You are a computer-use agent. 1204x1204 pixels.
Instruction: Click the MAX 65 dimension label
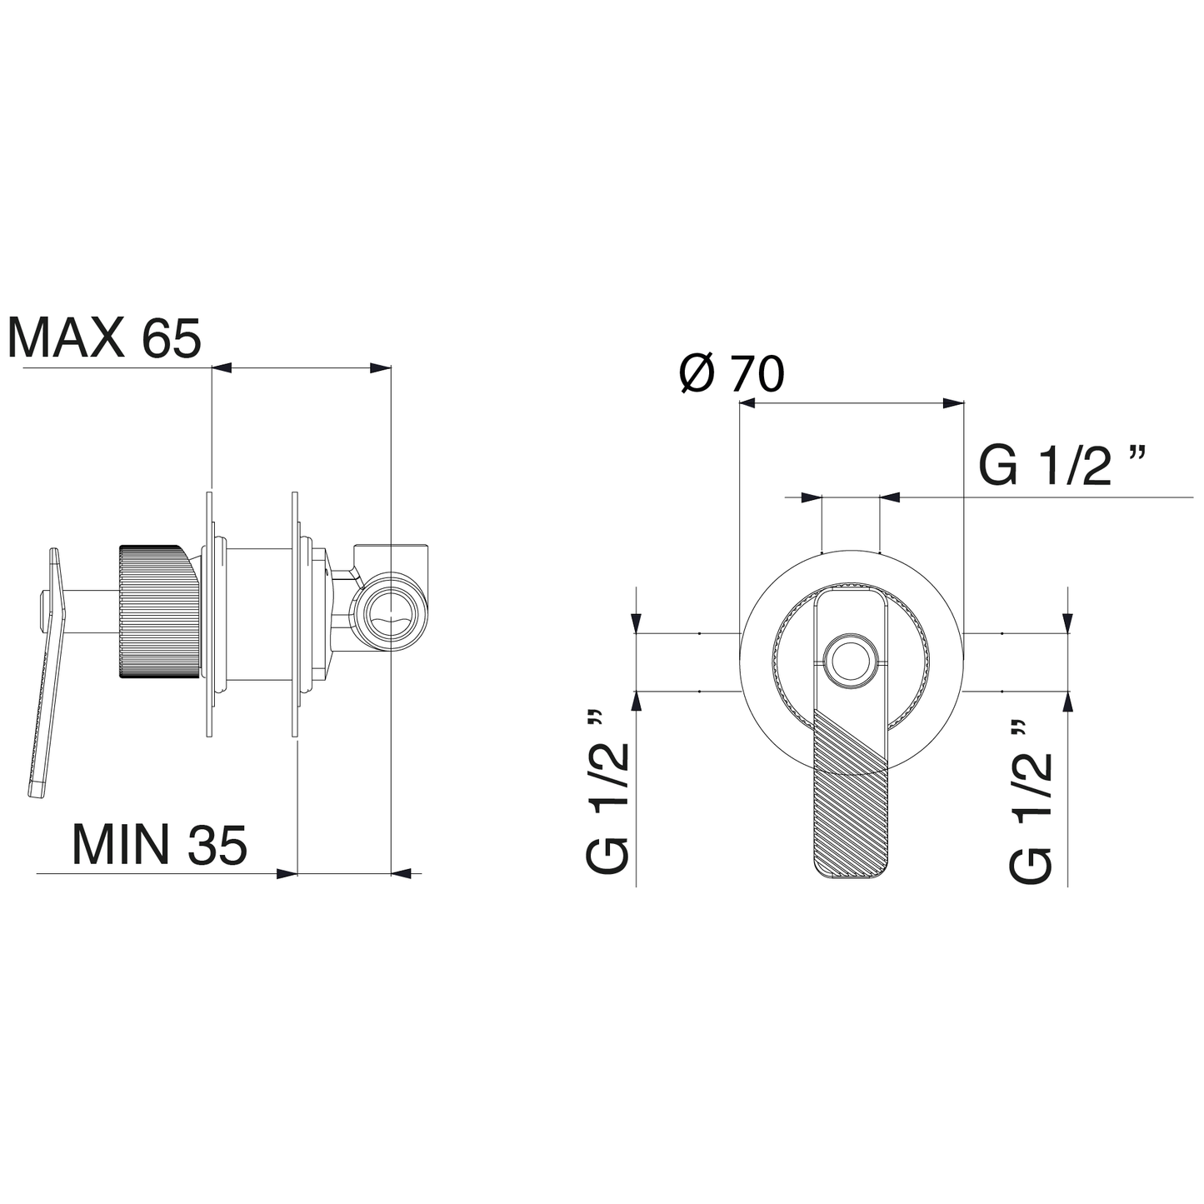click(104, 337)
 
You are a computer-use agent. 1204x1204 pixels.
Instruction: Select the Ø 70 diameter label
click(732, 373)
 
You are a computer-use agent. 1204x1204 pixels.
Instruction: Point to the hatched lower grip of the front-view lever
click(850, 800)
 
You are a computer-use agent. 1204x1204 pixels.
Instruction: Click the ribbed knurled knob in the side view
click(158, 612)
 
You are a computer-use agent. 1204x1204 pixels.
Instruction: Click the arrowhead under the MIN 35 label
click(287, 873)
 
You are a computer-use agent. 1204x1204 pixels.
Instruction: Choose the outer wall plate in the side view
click(208, 614)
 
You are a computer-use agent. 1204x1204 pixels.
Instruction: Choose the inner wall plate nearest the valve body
click(295, 614)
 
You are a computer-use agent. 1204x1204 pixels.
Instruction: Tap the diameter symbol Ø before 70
click(697, 373)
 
